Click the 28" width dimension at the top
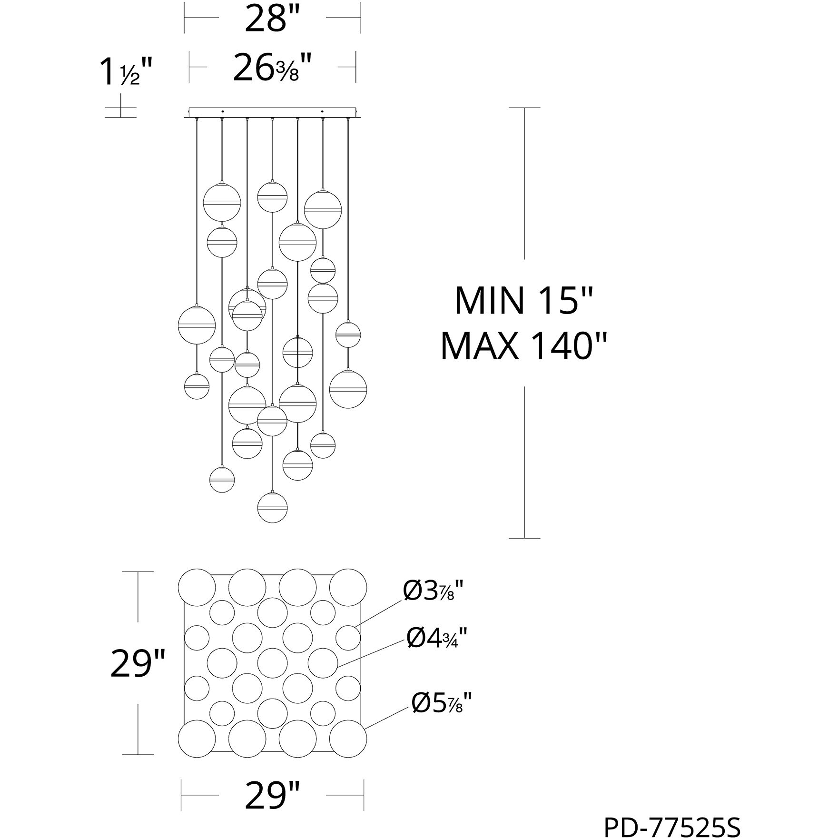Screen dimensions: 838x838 [x=272, y=19]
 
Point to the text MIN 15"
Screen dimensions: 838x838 [x=524, y=301]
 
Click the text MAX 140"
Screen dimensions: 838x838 [x=524, y=346]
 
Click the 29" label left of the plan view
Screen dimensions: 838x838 [x=138, y=664]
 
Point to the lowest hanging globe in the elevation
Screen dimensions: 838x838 [x=272, y=507]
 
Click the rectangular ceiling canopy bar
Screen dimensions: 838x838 [x=272, y=112]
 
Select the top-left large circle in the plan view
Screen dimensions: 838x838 [x=197, y=587]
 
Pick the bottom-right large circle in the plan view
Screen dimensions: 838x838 [x=348, y=739]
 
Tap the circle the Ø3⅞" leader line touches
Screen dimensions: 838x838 [x=348, y=638]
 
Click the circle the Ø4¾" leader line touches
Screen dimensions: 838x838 [x=323, y=662]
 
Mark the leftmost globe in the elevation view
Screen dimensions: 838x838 [x=197, y=325]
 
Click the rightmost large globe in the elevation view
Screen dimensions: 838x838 [x=348, y=389]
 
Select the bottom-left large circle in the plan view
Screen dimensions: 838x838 [x=197, y=739]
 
